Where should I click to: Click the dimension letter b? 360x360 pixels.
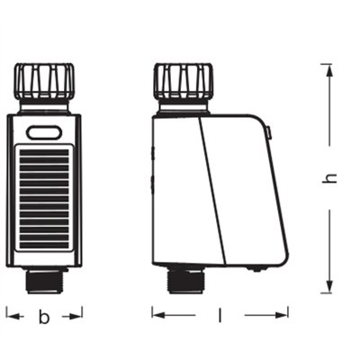44,317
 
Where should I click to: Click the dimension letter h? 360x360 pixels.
329,177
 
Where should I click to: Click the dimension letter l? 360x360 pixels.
220,316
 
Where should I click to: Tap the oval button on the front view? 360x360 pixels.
44,132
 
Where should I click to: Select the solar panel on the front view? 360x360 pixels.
44,199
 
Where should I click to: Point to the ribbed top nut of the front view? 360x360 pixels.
44,80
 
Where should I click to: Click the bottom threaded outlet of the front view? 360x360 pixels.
44,281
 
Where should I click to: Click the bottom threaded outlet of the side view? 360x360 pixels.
184,282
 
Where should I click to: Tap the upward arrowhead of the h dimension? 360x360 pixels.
329,72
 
